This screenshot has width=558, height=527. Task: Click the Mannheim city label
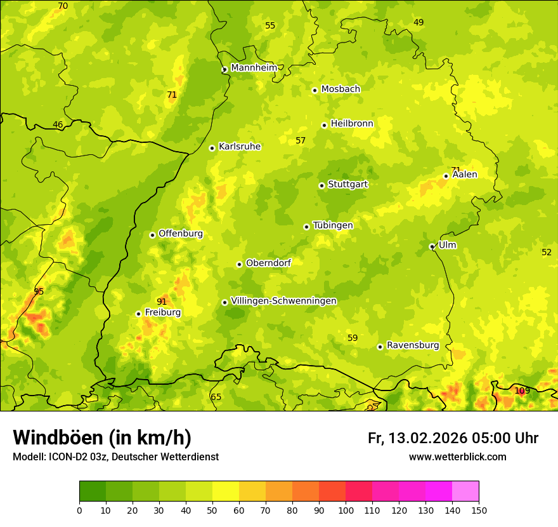pyautogui.click(x=254, y=67)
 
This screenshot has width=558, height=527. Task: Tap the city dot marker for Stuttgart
pyautogui.click(x=321, y=185)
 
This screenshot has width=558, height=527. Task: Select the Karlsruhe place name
pyautogui.click(x=239, y=147)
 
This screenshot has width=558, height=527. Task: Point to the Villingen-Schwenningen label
pyautogui.click(x=283, y=301)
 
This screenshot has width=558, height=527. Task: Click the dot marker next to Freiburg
pyautogui.click(x=138, y=314)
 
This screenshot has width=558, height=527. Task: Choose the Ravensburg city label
pyautogui.click(x=413, y=345)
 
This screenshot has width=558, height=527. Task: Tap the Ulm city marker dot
pyautogui.click(x=432, y=246)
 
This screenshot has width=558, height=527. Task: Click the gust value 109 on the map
pyautogui.click(x=522, y=390)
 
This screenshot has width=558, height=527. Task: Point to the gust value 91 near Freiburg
pyautogui.click(x=162, y=302)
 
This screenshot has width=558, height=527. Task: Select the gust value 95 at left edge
pyautogui.click(x=39, y=291)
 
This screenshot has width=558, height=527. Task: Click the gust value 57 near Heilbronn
pyautogui.click(x=301, y=140)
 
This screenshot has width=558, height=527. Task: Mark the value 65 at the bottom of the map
pyautogui.click(x=216, y=397)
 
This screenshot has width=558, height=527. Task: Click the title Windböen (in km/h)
pyautogui.click(x=102, y=437)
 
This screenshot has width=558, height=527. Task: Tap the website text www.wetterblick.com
pyautogui.click(x=457, y=457)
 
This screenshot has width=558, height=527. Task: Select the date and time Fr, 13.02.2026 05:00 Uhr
pyautogui.click(x=453, y=438)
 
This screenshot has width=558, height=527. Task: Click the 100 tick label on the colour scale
pyautogui.click(x=346, y=510)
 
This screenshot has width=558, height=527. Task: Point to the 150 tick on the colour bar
pyautogui.click(x=479, y=510)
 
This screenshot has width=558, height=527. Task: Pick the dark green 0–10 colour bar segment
pyautogui.click(x=93, y=491)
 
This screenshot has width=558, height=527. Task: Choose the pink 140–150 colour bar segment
pyautogui.click(x=465, y=491)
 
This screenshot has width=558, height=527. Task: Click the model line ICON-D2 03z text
pyautogui.click(x=115, y=457)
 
